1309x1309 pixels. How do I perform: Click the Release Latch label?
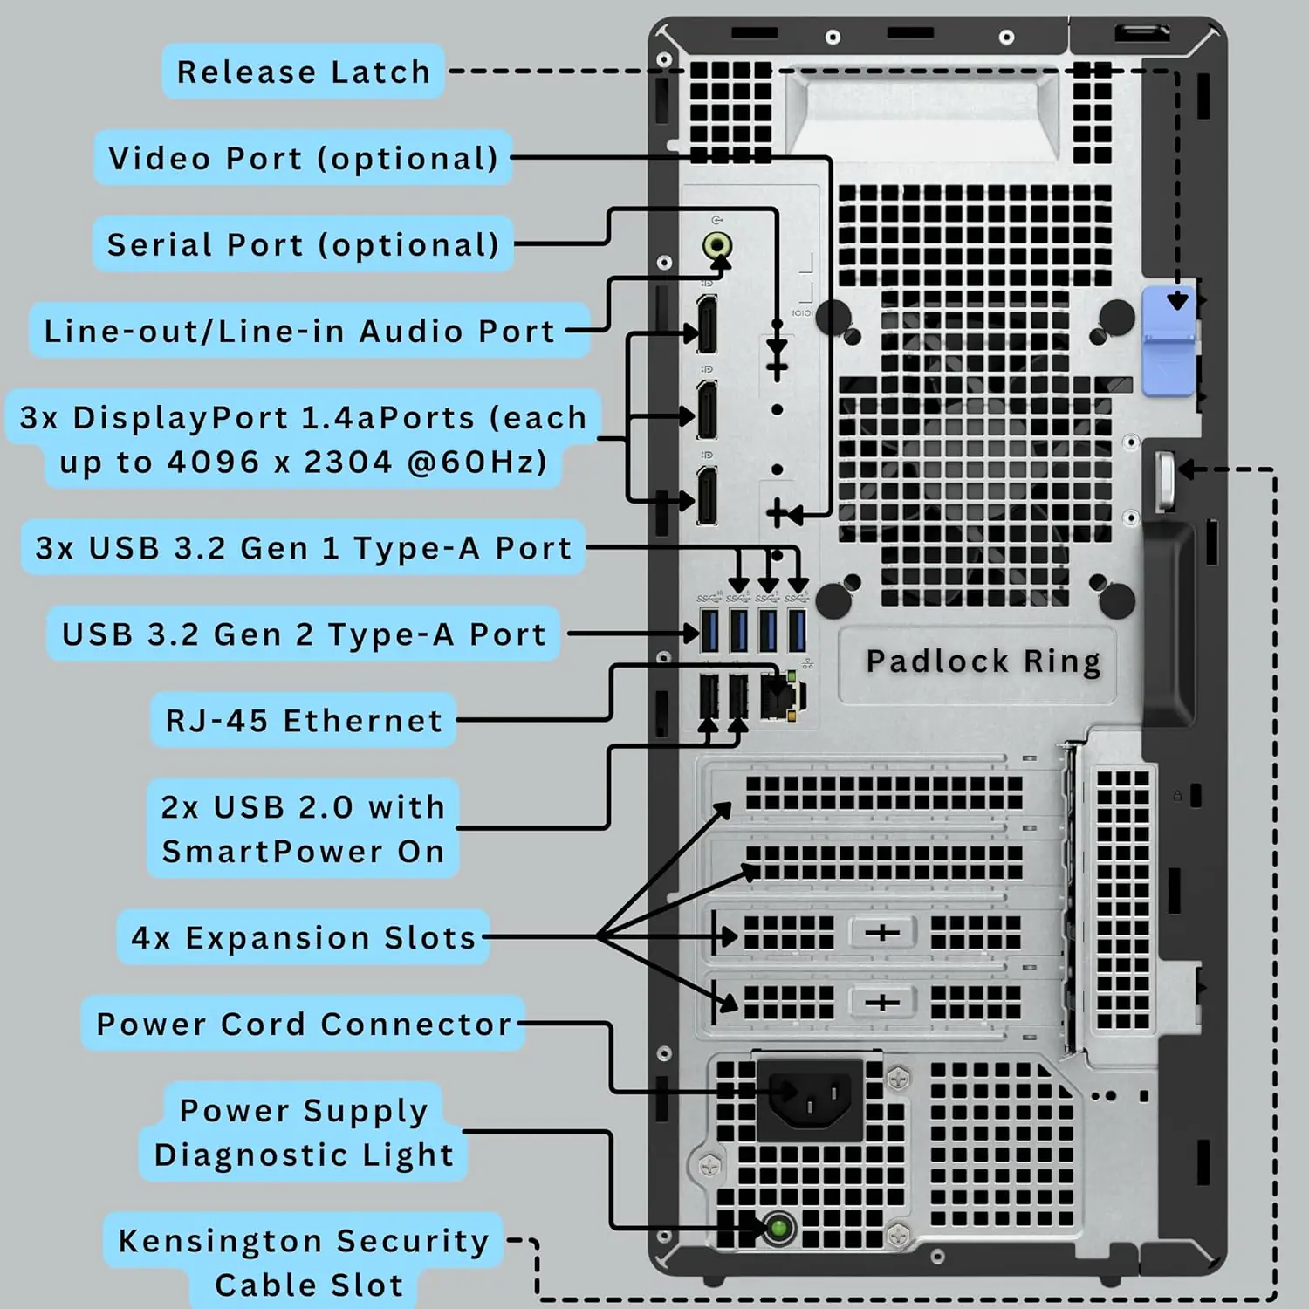(x=303, y=72)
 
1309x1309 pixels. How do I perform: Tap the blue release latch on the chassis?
(x=1169, y=340)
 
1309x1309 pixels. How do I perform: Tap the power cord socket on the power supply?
(x=810, y=1099)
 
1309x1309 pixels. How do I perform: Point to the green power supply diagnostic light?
(x=778, y=1229)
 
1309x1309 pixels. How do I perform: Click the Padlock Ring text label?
(x=983, y=661)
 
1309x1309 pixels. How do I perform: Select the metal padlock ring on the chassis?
(x=1166, y=481)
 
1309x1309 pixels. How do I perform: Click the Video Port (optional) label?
(x=303, y=158)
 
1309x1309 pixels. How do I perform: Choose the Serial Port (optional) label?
(x=303, y=244)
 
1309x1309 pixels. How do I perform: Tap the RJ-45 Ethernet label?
(x=303, y=721)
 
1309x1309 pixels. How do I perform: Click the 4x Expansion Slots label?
(x=303, y=937)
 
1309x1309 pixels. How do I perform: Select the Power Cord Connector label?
(x=303, y=1024)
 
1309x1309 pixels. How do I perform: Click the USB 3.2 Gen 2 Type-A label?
(x=303, y=634)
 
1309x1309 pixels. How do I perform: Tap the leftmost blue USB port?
(x=709, y=631)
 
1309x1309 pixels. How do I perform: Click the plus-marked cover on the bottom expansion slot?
(x=881, y=1003)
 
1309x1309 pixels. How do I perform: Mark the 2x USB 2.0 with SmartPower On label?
(x=303, y=829)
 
